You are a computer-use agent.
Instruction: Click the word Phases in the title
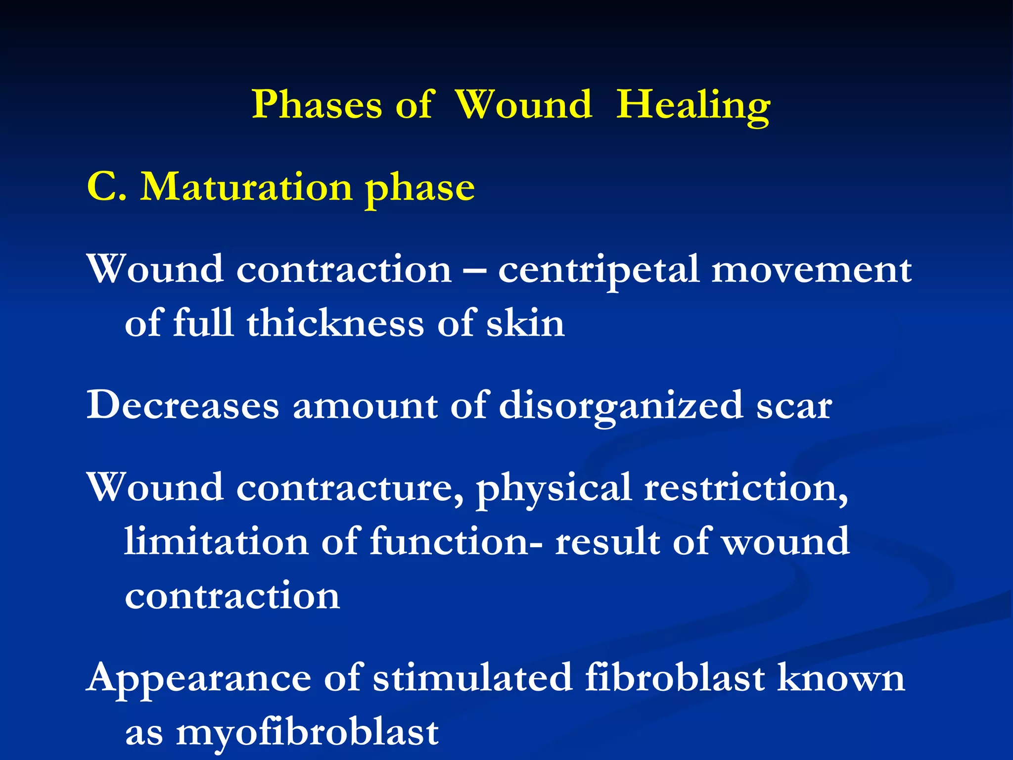pyautogui.click(x=317, y=105)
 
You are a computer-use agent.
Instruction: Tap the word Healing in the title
pyautogui.click(x=693, y=105)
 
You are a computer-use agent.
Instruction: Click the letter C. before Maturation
pyautogui.click(x=106, y=188)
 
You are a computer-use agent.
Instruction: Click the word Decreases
pyautogui.click(x=183, y=405)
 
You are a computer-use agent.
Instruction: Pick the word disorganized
pyautogui.click(x=621, y=406)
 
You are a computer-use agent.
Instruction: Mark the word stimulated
pyautogui.click(x=472, y=678)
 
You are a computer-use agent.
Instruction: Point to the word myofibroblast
pyautogui.click(x=307, y=732)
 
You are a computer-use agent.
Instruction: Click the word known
pyautogui.click(x=841, y=678)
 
